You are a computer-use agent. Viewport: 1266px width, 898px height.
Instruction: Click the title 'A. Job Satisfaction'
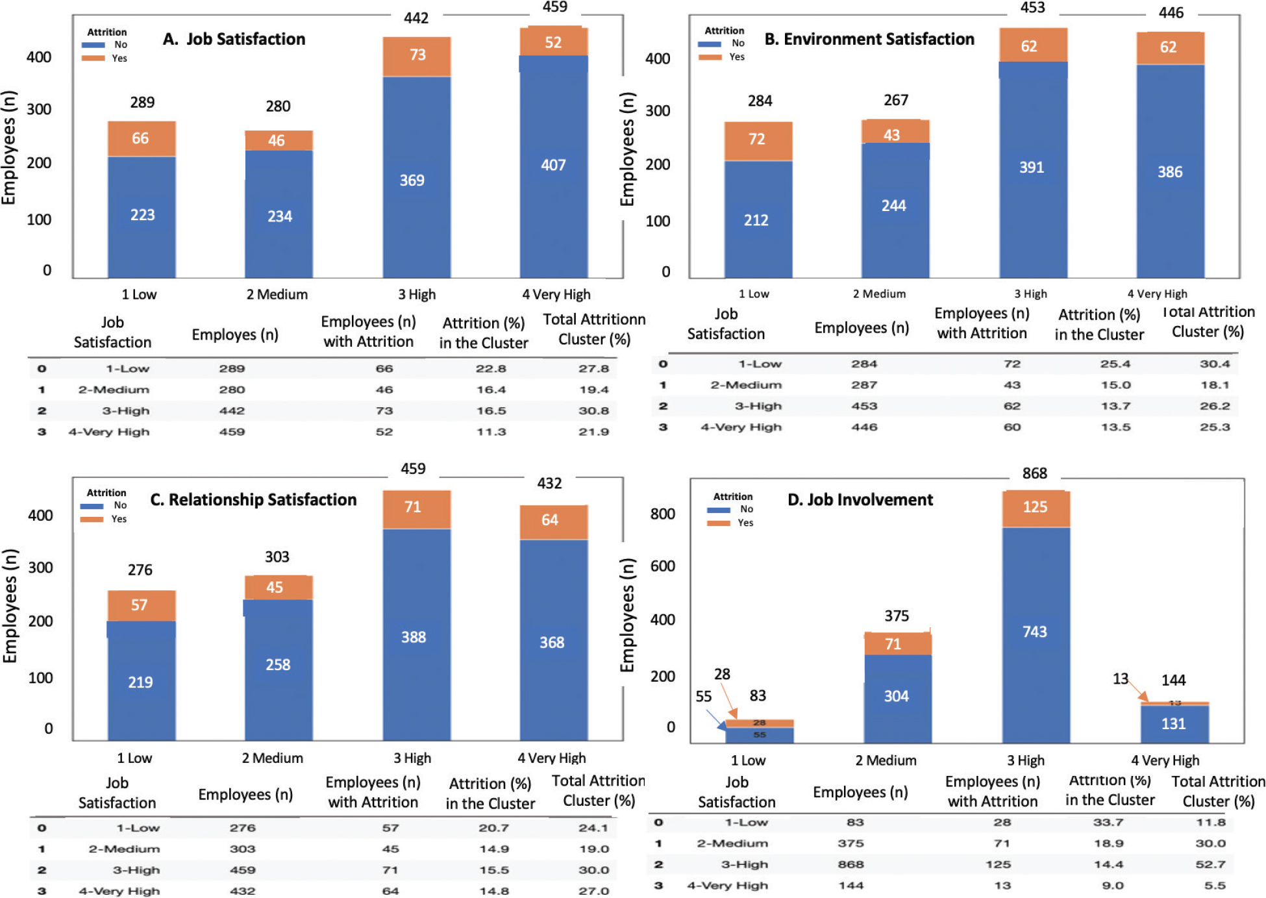pos(234,39)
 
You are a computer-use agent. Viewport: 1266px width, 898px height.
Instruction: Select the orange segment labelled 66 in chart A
pos(142,139)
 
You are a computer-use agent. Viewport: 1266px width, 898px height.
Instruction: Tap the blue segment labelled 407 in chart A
pos(554,166)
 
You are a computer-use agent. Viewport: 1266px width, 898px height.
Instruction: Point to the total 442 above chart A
pos(416,18)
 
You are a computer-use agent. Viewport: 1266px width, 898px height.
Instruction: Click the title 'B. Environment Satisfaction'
pos(869,39)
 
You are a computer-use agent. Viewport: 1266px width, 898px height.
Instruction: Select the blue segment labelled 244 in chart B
pos(895,206)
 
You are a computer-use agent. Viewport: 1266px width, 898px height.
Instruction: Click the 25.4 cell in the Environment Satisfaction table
pos(1115,364)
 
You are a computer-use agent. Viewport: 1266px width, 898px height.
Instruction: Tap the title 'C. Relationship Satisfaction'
pos(253,499)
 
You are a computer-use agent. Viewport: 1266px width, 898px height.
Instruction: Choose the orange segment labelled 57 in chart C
pos(141,606)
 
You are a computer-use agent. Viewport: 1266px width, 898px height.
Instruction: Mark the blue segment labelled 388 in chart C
pos(414,637)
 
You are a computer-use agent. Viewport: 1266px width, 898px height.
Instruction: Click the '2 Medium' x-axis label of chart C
pos(272,758)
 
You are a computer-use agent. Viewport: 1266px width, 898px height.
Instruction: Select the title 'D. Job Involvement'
pos(860,499)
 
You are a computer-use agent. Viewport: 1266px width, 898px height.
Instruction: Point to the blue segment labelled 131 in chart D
pos(1174,724)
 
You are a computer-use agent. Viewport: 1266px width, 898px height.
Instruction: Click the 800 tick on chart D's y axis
pos(662,514)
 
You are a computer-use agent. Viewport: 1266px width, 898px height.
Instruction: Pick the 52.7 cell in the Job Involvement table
pos(1210,864)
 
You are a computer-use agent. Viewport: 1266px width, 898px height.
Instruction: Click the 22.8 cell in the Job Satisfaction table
pos(491,369)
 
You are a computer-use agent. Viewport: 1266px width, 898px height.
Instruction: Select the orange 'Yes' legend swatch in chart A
pos(93,58)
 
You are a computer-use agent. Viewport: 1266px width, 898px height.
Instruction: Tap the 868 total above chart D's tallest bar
pos(1035,473)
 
